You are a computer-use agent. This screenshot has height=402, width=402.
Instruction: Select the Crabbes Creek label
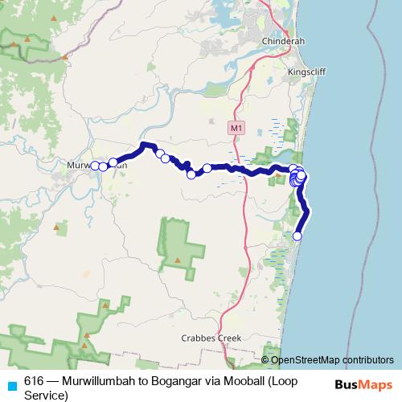(211, 338)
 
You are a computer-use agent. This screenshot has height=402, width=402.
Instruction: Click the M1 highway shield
(235, 128)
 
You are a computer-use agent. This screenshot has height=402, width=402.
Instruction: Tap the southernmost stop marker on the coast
(297, 236)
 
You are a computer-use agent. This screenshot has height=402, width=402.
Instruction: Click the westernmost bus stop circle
(95, 166)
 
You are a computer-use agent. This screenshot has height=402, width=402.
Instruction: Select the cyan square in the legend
(10, 384)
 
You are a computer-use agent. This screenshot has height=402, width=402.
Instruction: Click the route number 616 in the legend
(35, 380)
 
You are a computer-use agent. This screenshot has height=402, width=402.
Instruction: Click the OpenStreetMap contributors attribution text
(330, 359)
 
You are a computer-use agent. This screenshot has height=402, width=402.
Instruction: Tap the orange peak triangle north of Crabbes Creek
(176, 260)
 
